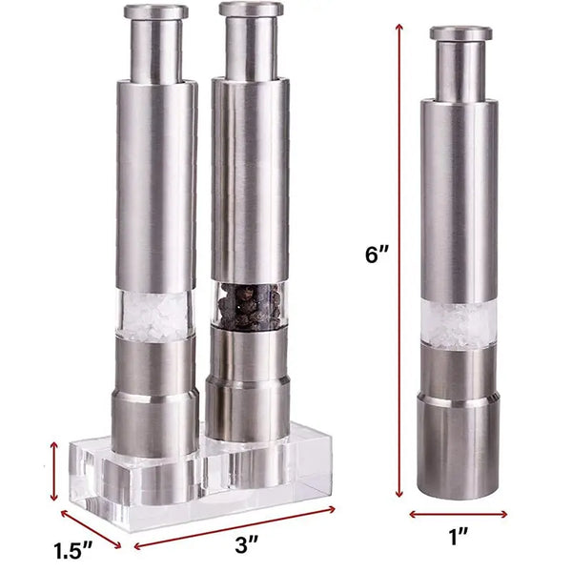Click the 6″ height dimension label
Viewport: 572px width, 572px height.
377,254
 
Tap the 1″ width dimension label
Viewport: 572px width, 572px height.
458,537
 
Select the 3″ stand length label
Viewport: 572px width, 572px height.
246,544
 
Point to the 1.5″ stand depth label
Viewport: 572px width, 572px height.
73,550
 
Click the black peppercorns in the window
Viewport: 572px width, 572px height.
250,306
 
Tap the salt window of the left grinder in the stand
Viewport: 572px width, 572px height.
156,315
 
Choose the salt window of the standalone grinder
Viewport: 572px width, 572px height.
459,324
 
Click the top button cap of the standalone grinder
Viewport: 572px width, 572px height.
460,32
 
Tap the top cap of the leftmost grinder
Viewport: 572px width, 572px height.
155,11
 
